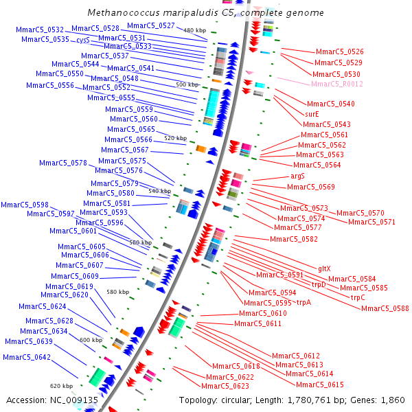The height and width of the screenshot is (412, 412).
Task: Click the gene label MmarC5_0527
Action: tap(150, 25)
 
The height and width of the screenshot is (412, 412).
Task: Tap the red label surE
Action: tap(312, 114)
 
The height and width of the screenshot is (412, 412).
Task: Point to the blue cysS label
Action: tap(82, 40)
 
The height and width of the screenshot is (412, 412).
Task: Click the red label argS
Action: tap(297, 176)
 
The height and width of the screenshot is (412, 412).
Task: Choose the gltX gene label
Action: tap(324, 268)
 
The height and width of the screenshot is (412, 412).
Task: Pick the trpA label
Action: tap(304, 302)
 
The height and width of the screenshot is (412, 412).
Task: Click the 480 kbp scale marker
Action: tap(195, 30)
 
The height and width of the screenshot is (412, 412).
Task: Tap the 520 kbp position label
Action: tap(175, 138)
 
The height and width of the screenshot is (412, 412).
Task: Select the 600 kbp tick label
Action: tap(90, 340)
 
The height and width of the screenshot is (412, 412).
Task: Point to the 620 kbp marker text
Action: tap(61, 386)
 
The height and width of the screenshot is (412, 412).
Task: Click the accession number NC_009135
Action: tap(73, 400)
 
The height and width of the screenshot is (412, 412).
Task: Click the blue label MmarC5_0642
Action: tap(26, 357)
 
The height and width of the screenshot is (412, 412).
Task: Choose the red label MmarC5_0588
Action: tap(385, 308)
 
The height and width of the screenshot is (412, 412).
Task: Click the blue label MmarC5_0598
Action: tap(24, 205)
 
